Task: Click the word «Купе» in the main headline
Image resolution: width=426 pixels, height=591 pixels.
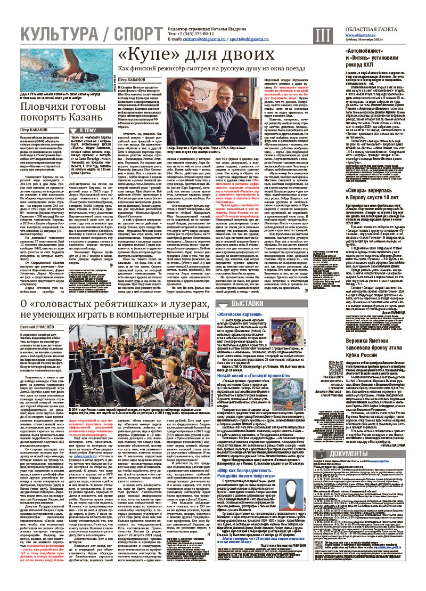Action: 147,55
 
